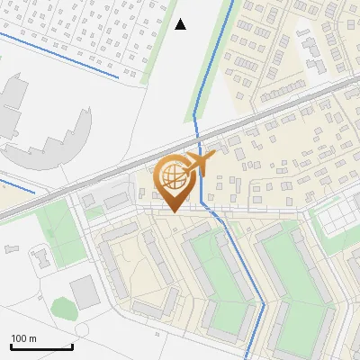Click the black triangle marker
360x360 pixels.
click(181, 24)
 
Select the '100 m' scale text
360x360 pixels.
click(23, 338)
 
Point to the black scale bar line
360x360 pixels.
click(41, 347)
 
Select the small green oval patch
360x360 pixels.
click(62, 308)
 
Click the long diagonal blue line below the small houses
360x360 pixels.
click(58, 56)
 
